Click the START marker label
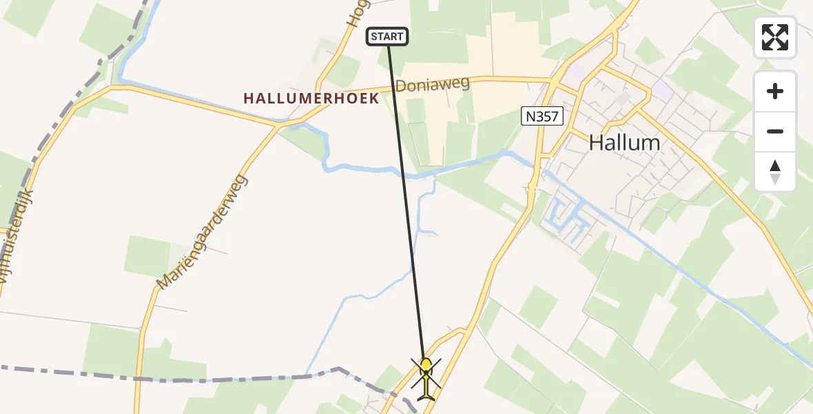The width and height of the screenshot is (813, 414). coord(387,37)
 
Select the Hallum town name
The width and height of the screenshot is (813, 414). coord(624,143)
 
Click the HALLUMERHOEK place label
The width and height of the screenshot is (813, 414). coord(311,99)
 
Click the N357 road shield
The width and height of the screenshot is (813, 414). coord(541,117)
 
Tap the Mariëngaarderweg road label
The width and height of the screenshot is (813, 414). coord(202,232)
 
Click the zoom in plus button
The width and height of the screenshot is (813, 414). coord(775,91)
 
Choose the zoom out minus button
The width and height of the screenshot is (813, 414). coord(775,131)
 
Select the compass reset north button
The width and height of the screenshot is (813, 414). coord(775,171)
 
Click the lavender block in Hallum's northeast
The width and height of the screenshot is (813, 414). coord(662,88)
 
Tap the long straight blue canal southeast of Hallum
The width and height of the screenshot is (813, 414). coord(689,276)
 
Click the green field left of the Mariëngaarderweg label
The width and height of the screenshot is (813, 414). coord(147,255)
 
